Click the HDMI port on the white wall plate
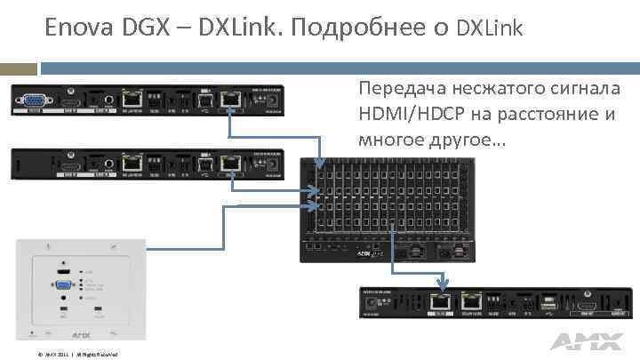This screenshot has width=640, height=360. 64,268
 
